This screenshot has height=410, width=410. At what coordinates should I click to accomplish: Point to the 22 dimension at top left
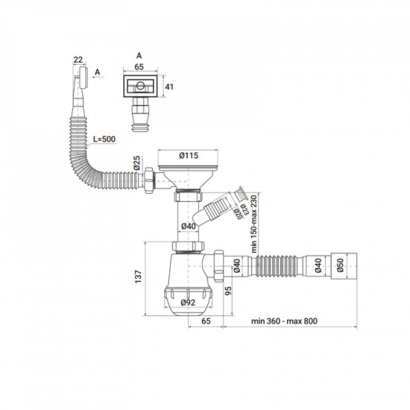[78, 59]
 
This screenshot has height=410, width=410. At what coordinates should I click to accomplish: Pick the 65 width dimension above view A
[139, 66]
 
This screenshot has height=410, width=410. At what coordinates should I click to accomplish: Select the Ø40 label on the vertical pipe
[189, 227]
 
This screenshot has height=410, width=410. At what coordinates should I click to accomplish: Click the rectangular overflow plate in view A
[138, 88]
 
